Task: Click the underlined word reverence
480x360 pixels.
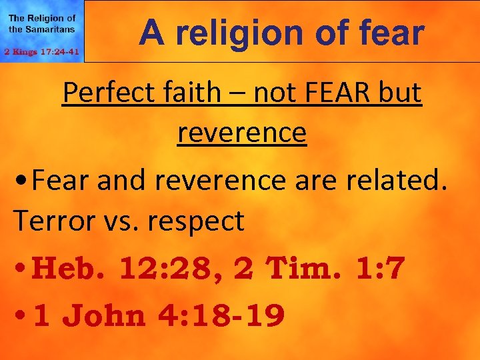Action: (241, 132)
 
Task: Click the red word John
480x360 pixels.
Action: (107, 316)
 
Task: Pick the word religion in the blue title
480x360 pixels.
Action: (236, 33)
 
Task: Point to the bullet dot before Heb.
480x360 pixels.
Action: (21, 269)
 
